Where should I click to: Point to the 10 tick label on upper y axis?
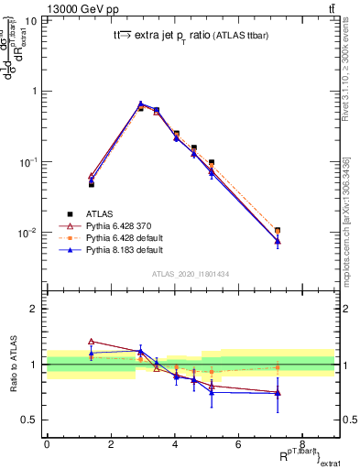31,20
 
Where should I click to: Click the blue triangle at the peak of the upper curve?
141,104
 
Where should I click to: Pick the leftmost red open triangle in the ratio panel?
91,341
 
